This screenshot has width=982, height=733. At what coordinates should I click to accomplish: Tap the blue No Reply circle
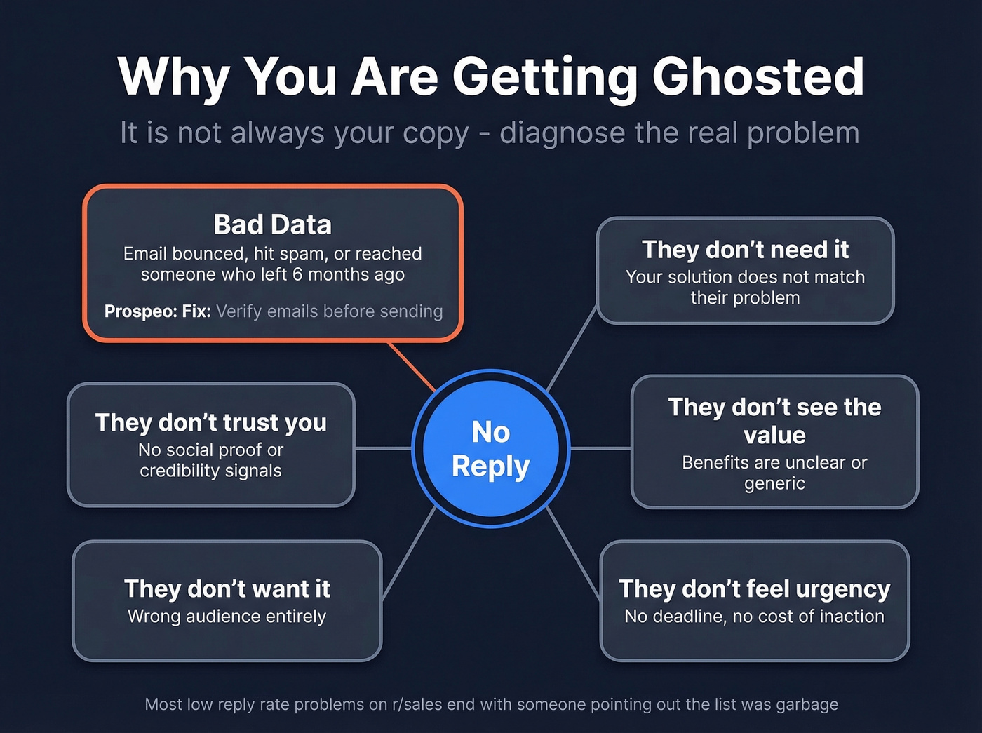coord(491,448)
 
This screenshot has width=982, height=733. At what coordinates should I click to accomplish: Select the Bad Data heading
coord(272,224)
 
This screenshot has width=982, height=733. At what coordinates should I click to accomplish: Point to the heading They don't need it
coord(745,249)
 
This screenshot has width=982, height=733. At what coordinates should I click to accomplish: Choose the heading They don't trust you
coord(211,422)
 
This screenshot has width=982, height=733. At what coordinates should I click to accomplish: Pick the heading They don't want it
coord(227,589)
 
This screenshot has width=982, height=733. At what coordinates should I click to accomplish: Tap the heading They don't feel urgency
coord(755,589)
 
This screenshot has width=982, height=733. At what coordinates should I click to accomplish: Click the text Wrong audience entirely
coord(227,617)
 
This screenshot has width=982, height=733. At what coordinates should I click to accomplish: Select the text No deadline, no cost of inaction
coord(755,617)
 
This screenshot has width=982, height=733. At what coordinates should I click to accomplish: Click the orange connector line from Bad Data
coord(412,366)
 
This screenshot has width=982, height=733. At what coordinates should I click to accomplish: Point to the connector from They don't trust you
coord(384,448)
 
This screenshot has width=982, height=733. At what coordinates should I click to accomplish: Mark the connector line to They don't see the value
coord(600,448)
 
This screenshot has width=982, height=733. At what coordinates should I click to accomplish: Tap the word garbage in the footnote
coord(807,704)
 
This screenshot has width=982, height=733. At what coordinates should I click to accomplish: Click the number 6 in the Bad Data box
coord(297,274)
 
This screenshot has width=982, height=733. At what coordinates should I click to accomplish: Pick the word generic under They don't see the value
coord(774,483)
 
